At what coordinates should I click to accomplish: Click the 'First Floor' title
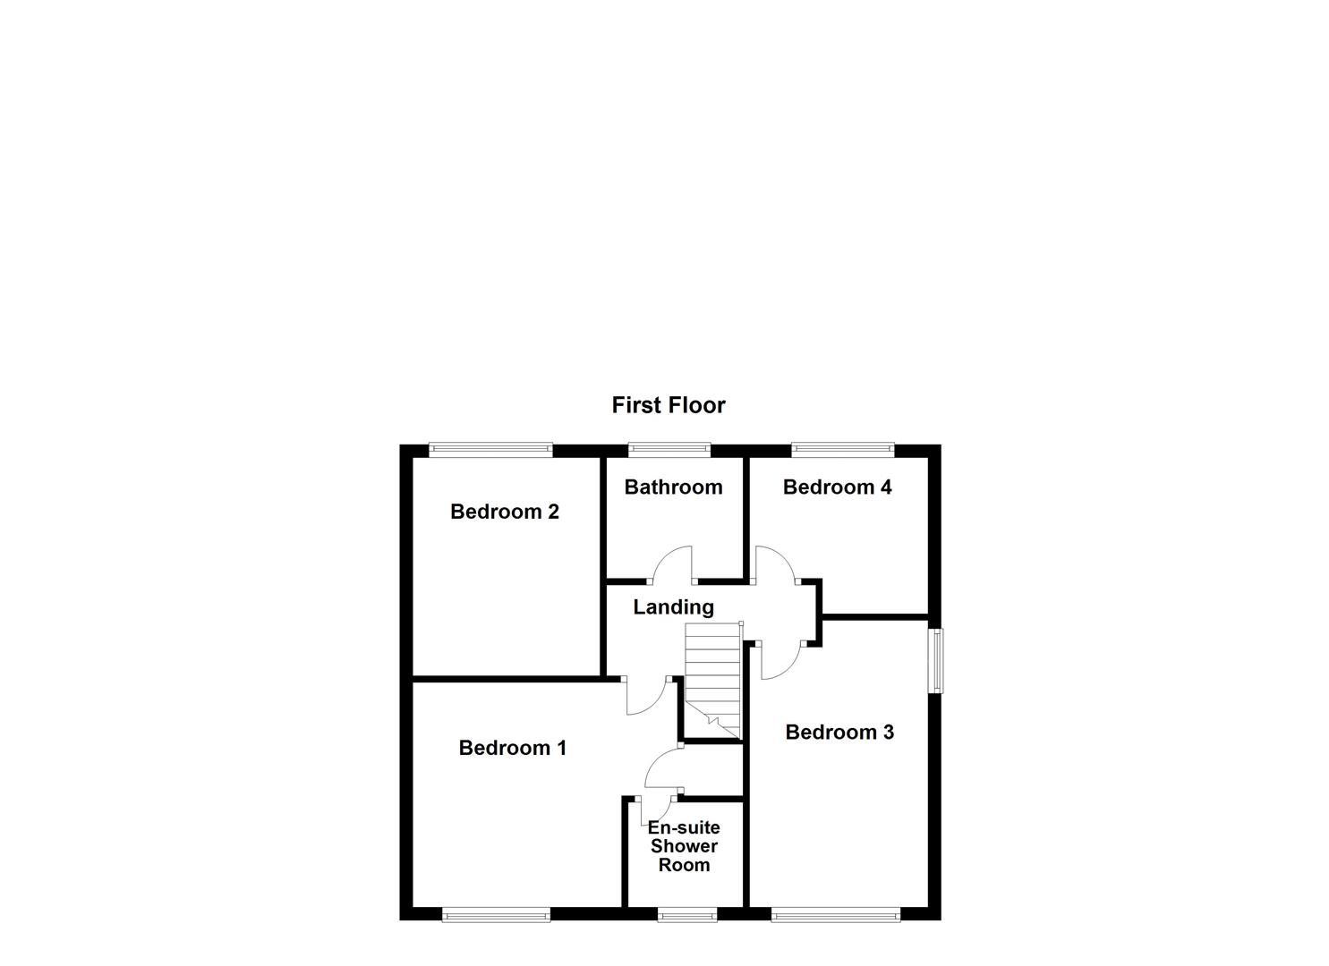(668, 405)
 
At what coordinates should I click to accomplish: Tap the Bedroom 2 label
(504, 512)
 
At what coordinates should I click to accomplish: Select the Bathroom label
(673, 487)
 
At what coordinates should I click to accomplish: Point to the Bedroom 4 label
(837, 487)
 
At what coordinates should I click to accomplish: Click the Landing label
(673, 607)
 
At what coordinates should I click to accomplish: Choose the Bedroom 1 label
(512, 748)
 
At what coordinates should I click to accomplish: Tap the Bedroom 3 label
(839, 733)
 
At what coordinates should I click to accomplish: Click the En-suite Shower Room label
(684, 846)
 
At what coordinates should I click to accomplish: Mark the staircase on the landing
(712, 680)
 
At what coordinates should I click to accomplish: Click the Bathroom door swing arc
(673, 563)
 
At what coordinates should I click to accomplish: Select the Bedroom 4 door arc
(775, 563)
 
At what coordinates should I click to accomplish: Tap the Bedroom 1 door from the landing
(644, 697)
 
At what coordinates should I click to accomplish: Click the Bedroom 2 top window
(490, 450)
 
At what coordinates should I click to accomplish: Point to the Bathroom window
(669, 450)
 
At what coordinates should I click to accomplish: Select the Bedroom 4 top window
(842, 450)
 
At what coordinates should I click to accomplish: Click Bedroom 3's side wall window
(935, 660)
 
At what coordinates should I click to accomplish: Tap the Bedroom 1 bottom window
(496, 914)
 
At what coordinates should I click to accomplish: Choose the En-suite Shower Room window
(687, 914)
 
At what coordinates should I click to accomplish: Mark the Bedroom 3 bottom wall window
(836, 914)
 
